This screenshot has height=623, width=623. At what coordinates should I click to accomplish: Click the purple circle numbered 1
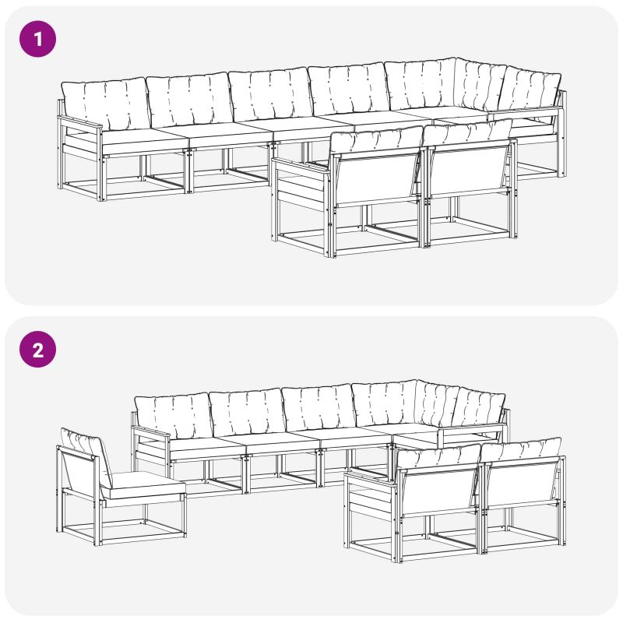(37, 39)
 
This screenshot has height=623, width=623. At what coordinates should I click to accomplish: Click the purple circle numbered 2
(37, 349)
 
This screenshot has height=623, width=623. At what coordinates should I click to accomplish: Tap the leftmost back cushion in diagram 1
(105, 104)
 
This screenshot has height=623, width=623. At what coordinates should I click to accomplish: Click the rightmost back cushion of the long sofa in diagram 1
(530, 92)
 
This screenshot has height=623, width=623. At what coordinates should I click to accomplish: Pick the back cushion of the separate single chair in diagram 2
(86, 456)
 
